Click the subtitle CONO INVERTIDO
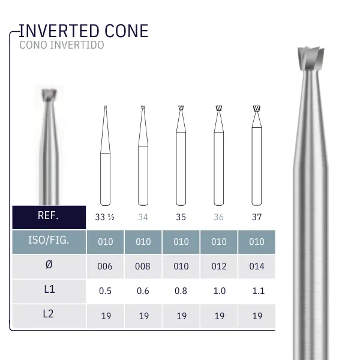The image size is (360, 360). click(x=61, y=45)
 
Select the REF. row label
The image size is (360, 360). click(x=49, y=216)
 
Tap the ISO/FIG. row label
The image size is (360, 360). click(x=49, y=241)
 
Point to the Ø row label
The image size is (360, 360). click(x=49, y=266)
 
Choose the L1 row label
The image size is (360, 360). click(x=49, y=290)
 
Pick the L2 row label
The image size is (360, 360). click(x=49, y=315)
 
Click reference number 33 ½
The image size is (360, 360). click(x=105, y=217)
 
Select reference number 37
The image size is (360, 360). click(x=257, y=217)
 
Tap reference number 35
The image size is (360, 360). click(x=181, y=217)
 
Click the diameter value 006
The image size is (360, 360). click(x=105, y=266)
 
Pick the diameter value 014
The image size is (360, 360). click(x=257, y=266)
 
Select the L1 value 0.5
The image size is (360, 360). click(x=105, y=291)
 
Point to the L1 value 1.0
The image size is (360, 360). click(x=219, y=291)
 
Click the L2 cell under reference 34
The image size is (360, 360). click(x=143, y=316)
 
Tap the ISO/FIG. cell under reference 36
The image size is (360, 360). click(x=219, y=242)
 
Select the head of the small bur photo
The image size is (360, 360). click(x=48, y=95)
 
